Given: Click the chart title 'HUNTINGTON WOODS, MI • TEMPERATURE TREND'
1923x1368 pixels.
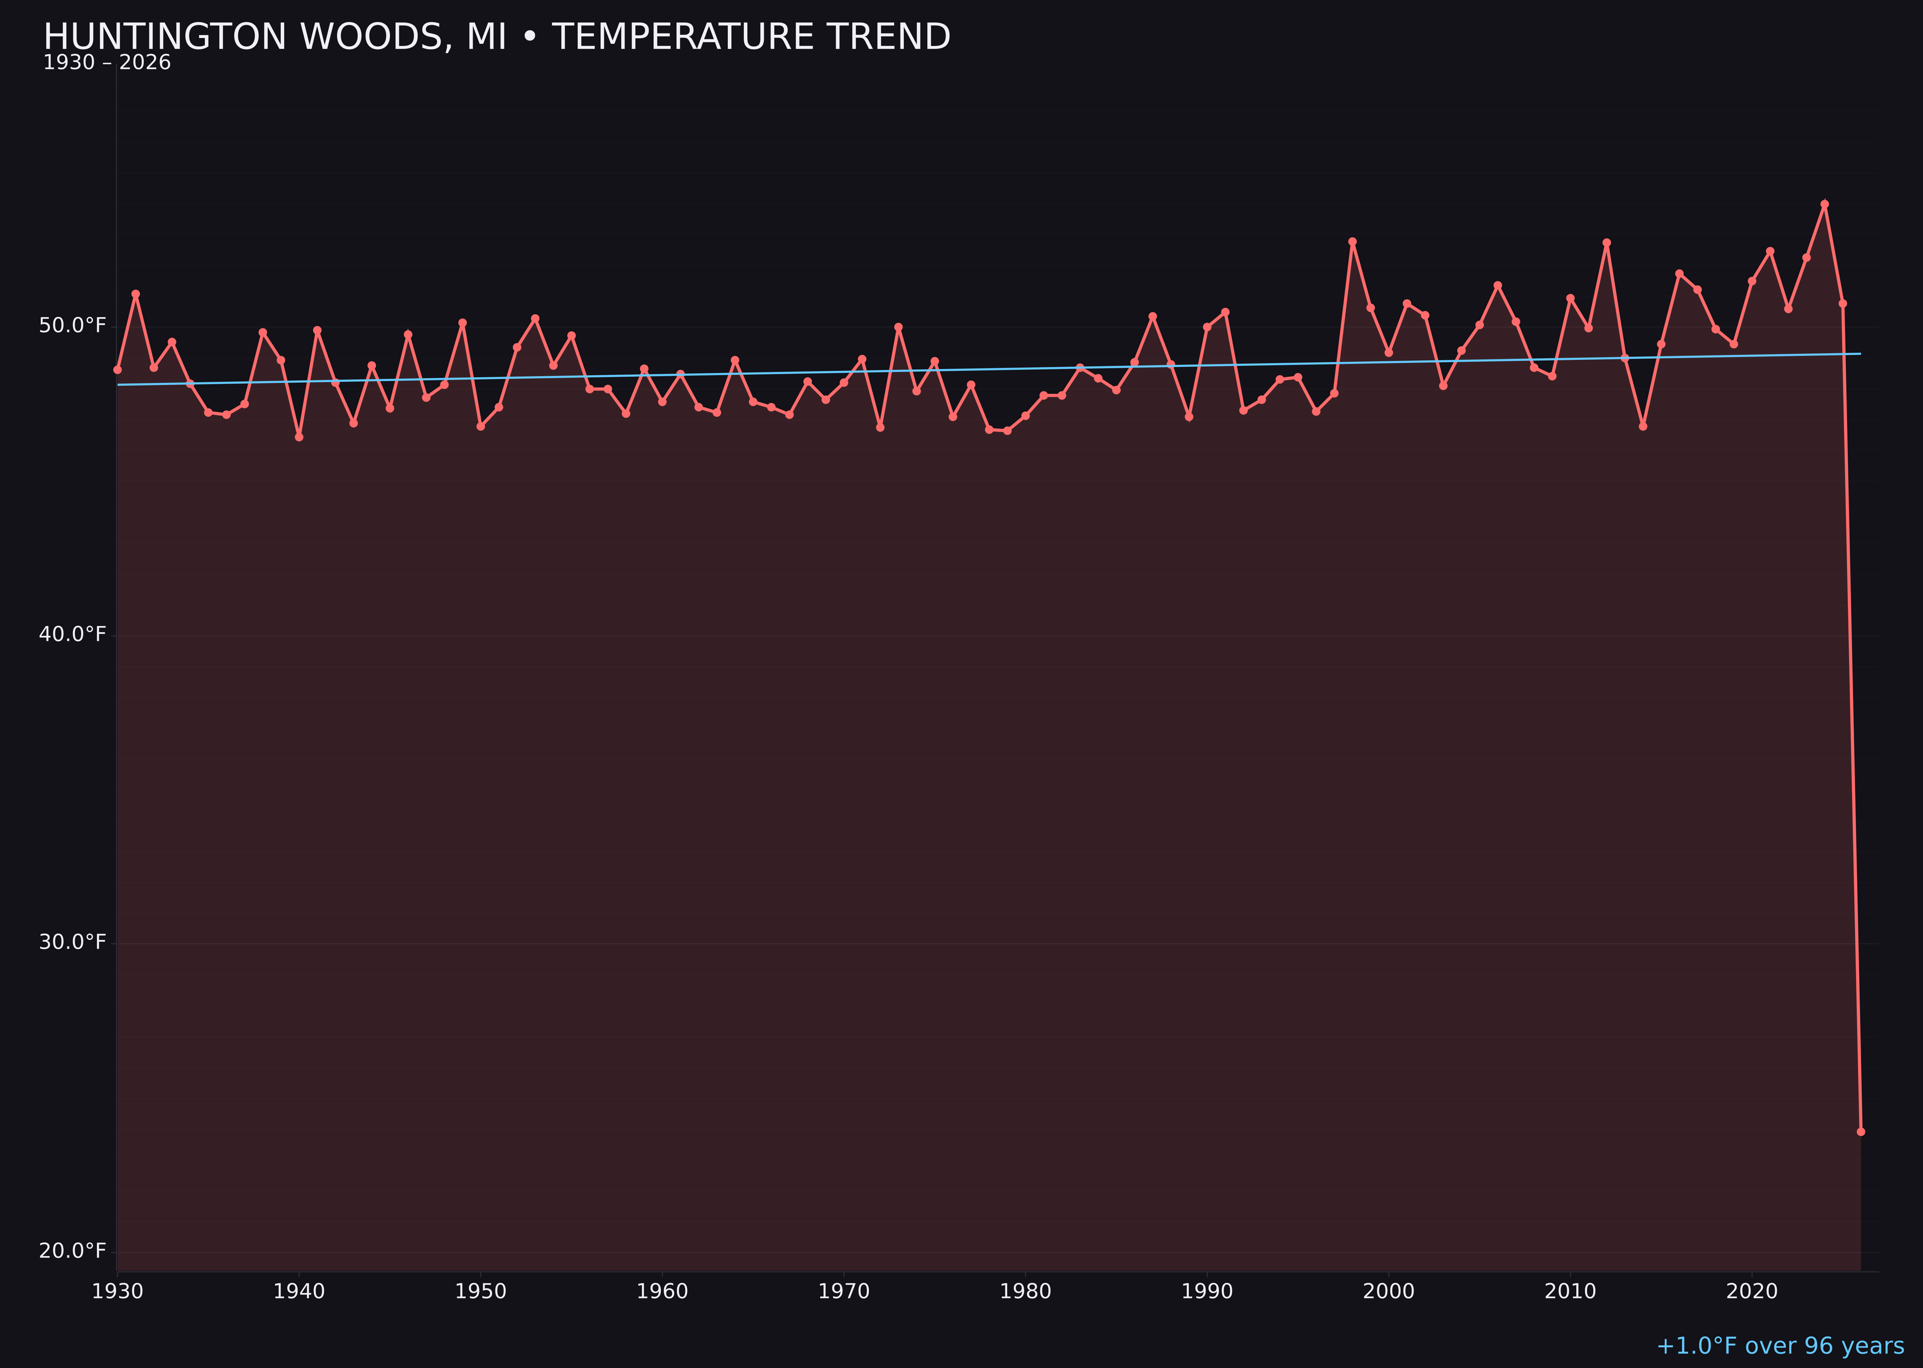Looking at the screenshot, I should (x=497, y=37).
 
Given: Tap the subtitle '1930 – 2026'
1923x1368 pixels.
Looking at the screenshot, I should (x=107, y=63).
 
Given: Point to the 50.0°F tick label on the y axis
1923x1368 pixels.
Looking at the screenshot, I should (x=73, y=326).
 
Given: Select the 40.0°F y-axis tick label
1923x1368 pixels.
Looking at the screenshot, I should (x=73, y=634).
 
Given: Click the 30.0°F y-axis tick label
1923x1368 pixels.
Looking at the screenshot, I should (x=73, y=943).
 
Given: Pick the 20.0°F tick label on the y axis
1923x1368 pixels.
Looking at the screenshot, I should (x=73, y=1251).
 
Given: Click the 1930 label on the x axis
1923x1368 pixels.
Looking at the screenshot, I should (x=117, y=1292).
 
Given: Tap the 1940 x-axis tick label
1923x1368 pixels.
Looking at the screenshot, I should (x=299, y=1292).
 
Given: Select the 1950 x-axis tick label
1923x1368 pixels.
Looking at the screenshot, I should (x=481, y=1292).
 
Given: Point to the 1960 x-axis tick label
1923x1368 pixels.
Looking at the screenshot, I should (x=662, y=1292).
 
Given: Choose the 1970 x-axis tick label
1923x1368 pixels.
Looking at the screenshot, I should (x=844, y=1292).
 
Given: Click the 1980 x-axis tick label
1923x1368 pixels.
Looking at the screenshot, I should (x=1025, y=1292).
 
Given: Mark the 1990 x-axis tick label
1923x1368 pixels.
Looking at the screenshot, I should (x=1207, y=1292).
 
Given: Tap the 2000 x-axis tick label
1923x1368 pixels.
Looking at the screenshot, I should (x=1388, y=1292).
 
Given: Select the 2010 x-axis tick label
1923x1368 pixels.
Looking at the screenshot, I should (x=1570, y=1292).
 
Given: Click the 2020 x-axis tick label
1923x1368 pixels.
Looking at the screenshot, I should (x=1752, y=1292).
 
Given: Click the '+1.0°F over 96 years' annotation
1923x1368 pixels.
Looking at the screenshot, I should (x=1780, y=1346).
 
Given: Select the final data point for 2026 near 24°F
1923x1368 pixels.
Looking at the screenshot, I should (x=1861, y=1131).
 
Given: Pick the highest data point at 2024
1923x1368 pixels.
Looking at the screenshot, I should (x=1824, y=204).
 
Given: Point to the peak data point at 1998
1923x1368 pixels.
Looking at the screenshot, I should (x=1352, y=242).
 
